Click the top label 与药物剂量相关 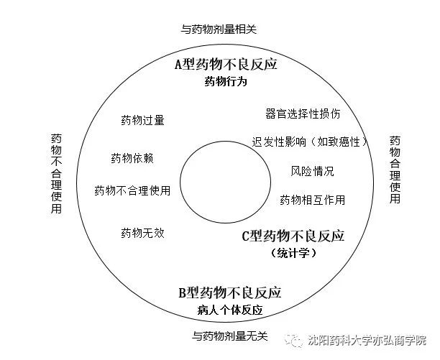click(x=219, y=29)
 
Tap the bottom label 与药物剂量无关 click(x=230, y=336)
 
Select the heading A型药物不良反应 click(x=226, y=64)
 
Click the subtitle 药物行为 click(x=226, y=82)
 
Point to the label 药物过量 click(x=142, y=120)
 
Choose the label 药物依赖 click(x=132, y=158)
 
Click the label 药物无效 click(x=142, y=233)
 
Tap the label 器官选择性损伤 click(x=303, y=114)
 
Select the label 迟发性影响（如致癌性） click(x=310, y=142)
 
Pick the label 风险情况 click(x=312, y=171)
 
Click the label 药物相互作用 click(x=312, y=200)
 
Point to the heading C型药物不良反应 click(x=293, y=236)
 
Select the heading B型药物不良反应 click(x=230, y=292)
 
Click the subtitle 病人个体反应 click(x=230, y=310)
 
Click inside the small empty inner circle click(x=225, y=182)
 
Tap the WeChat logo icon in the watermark click(x=293, y=340)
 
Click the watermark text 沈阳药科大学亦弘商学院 click(x=367, y=340)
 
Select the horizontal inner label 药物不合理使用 click(x=132, y=190)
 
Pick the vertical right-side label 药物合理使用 click(x=395, y=170)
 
